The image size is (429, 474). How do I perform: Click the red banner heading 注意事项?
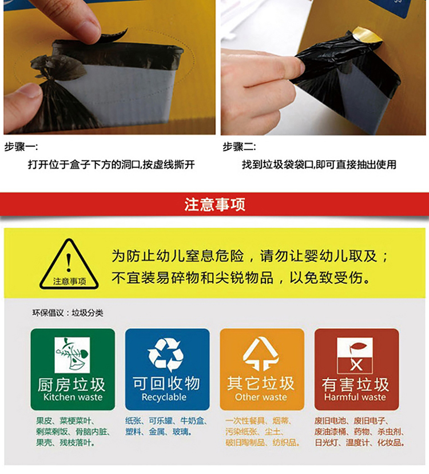point(214,204)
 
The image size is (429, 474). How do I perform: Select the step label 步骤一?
point(21,147)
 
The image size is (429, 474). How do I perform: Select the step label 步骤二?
point(239,147)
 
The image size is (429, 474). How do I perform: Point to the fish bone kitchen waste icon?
point(72,355)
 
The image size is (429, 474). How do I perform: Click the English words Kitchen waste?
point(73,397)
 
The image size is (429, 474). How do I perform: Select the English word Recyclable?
point(164,397)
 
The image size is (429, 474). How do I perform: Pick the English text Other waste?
point(261,397)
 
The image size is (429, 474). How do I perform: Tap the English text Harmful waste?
point(355,397)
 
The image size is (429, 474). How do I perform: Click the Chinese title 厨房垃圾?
point(71,385)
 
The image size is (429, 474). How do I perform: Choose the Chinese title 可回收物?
point(166,384)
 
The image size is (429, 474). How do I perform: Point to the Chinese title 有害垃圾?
point(355,385)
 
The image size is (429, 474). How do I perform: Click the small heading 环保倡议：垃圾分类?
point(67,313)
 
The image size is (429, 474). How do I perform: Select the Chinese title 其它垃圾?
point(261,384)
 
